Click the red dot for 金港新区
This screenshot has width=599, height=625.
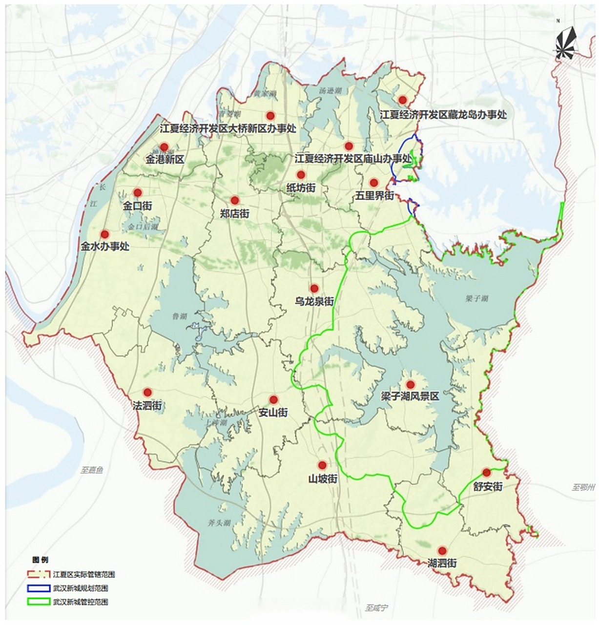pyautogui.click(x=164, y=147)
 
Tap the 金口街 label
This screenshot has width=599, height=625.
pyautogui.click(x=137, y=206)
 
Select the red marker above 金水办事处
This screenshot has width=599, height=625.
pyautogui.click(x=104, y=234)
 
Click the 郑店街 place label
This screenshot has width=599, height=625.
pyautogui.click(x=234, y=213)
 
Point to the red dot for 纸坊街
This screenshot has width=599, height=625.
pyautogui.click(x=301, y=175)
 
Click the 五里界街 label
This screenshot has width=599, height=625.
pyautogui.click(x=374, y=196)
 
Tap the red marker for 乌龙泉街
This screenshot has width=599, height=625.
pyautogui.click(x=314, y=288)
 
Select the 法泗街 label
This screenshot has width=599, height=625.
pyautogui.click(x=147, y=406)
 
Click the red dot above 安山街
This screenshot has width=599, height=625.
pyautogui.click(x=273, y=399)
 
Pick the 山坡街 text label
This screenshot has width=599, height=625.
pyautogui.click(x=322, y=479)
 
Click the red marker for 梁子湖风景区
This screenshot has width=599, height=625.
pyautogui.click(x=410, y=384)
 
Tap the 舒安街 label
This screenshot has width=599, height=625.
pyautogui.click(x=487, y=486)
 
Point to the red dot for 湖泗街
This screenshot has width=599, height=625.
pyautogui.click(x=442, y=550)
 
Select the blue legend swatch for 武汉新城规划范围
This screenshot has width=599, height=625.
pyautogui.click(x=39, y=588)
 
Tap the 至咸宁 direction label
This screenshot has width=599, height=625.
pyautogui.click(x=376, y=608)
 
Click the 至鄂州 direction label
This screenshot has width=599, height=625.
pyautogui.click(x=584, y=487)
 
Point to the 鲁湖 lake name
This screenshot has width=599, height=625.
pyautogui.click(x=180, y=316)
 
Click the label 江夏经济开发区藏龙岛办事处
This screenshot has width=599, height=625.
pyautogui.click(x=443, y=115)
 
